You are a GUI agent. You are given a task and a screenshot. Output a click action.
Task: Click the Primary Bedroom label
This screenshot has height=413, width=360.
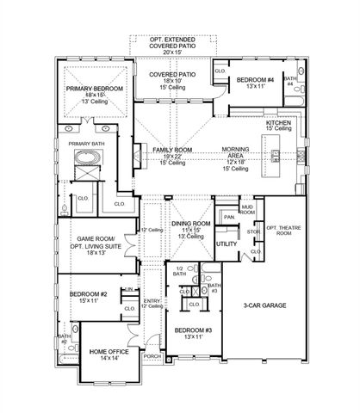96,89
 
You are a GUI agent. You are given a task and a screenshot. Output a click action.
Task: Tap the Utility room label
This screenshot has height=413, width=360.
227,244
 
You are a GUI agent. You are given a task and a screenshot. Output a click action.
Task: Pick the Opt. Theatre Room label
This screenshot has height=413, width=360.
282,230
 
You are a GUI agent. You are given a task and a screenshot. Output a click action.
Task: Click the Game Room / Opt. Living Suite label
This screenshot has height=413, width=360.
96,245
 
